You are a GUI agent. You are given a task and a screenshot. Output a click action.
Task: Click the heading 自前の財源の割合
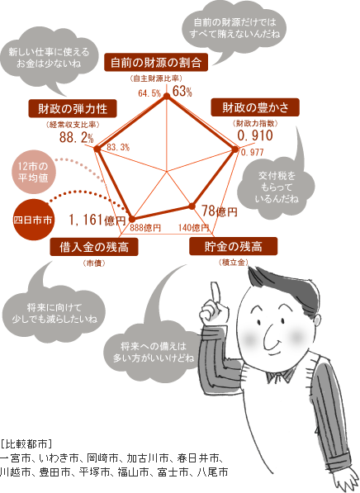(x=156, y=62)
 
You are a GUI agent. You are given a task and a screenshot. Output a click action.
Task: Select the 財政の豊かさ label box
(x=255, y=107)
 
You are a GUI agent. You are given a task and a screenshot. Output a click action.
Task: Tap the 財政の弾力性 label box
(x=73, y=109)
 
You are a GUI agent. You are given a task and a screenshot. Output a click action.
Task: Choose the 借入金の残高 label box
(x=94, y=247)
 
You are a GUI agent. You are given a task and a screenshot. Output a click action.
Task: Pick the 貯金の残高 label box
(x=234, y=246)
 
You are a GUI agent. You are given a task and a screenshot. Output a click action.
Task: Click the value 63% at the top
(x=182, y=92)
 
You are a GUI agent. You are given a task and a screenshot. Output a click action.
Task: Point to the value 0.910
(x=255, y=135)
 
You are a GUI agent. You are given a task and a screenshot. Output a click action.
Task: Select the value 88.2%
(x=77, y=137)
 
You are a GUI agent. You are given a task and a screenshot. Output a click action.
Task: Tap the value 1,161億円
(x=97, y=220)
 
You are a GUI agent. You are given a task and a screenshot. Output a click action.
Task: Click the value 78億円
(x=219, y=211)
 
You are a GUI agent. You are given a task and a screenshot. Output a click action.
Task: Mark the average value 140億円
(x=194, y=227)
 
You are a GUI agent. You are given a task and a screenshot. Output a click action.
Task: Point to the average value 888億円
(x=145, y=228)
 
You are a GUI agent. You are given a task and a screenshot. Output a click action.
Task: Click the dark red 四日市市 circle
(x=32, y=220)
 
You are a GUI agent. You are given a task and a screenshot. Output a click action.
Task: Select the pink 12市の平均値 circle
(x=32, y=172)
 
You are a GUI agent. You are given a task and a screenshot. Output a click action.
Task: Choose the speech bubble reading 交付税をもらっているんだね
(x=277, y=187)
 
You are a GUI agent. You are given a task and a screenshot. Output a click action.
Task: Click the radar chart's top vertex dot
(x=167, y=98)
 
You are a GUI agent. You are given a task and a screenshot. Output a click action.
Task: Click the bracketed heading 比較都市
(x=26, y=443)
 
